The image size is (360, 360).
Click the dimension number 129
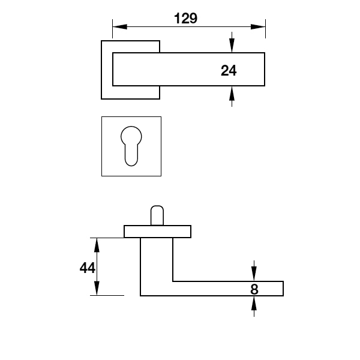click(x=185, y=19)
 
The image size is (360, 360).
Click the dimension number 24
click(x=229, y=70)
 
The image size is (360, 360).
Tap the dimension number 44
click(x=87, y=268)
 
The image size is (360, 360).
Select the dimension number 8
click(x=254, y=289)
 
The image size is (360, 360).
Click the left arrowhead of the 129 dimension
click(x=119, y=26)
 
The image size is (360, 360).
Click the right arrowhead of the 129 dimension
click(x=258, y=26)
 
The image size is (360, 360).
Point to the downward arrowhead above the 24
click(x=232, y=46)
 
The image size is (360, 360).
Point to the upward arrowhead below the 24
click(x=232, y=93)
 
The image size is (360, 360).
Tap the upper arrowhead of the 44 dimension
click(x=97, y=245)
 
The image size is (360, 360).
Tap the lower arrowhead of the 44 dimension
click(x=97, y=288)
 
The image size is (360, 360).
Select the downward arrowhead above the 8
click(x=254, y=274)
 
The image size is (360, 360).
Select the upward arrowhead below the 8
click(x=254, y=303)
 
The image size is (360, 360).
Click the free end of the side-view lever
click(x=283, y=289)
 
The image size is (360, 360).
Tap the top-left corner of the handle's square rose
click(x=101, y=41)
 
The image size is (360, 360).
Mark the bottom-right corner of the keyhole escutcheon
click(x=161, y=176)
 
